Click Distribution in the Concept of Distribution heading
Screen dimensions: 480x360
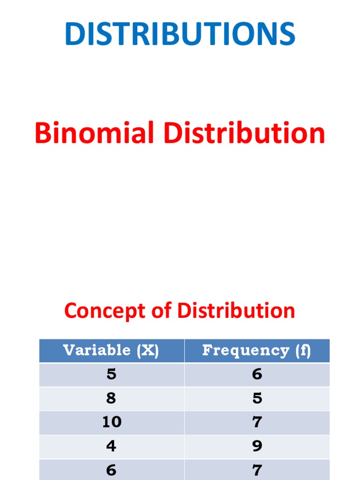coord(236,311)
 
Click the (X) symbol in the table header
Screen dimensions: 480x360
coord(148,350)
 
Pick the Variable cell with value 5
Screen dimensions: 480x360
coord(111,374)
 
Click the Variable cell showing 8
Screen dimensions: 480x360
coord(111,398)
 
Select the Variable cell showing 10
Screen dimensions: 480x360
coord(112,422)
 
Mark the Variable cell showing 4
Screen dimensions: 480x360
coord(111,446)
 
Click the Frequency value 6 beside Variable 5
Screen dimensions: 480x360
coord(257,374)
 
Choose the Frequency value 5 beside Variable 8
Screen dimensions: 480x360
coord(257,398)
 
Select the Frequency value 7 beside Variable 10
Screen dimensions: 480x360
coord(257,422)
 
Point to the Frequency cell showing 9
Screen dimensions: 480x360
coord(257,446)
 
